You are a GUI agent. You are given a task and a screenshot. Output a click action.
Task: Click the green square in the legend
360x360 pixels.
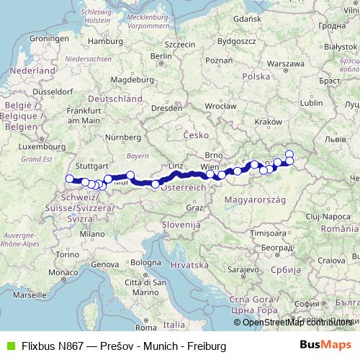click(10, 345)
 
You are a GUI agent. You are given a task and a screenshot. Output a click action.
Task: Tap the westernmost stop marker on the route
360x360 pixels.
click(70, 179)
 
